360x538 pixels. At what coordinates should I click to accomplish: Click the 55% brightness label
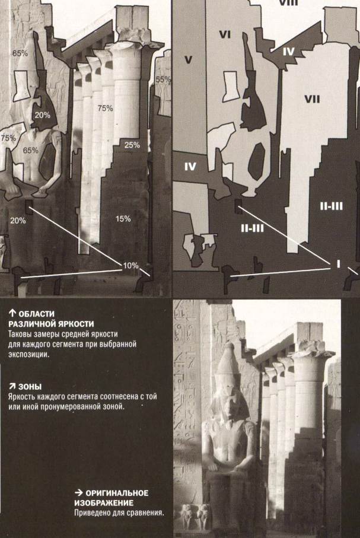point(163,79)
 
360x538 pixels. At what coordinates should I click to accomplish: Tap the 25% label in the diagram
point(132,145)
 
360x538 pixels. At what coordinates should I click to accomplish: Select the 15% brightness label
point(123,218)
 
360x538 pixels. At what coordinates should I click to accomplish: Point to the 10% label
point(130,266)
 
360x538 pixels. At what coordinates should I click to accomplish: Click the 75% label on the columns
point(105,108)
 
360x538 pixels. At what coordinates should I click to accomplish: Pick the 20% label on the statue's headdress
point(42,115)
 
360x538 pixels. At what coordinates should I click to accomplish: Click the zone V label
point(188,60)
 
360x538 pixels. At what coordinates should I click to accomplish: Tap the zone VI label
point(225,34)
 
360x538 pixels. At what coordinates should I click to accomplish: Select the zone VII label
point(312,100)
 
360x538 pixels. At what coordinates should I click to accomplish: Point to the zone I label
point(339,263)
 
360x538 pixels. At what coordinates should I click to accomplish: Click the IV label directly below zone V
point(190,167)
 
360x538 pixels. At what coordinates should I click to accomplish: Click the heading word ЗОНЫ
point(30,387)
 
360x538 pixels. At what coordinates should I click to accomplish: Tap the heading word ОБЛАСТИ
point(36,314)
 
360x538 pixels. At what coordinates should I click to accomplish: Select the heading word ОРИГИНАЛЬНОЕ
point(117,493)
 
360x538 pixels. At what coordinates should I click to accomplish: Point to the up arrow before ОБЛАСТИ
point(12,314)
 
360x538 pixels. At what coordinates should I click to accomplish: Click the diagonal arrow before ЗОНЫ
point(12,387)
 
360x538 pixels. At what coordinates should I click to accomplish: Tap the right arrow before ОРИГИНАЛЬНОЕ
point(79,493)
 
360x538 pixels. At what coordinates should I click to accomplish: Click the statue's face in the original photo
point(230,406)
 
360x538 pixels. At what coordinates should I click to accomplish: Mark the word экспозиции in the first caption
point(28,354)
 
